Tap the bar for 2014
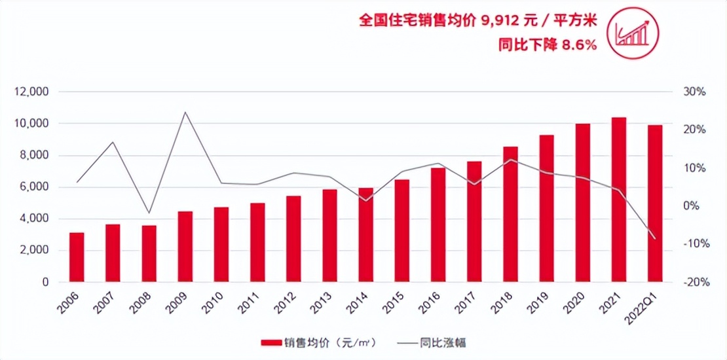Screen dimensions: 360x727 click(x=366, y=235)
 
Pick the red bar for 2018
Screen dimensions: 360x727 click(x=510, y=215)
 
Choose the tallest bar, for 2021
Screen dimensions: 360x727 click(x=618, y=200)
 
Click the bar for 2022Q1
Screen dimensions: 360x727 click(x=655, y=204)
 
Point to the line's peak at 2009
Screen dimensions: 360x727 click(x=185, y=112)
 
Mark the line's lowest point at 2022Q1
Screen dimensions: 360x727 click(x=655, y=239)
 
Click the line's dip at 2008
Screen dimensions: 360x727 click(x=149, y=213)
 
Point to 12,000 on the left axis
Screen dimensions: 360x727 click(x=32, y=92)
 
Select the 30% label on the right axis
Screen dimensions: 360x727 click(x=696, y=92)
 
